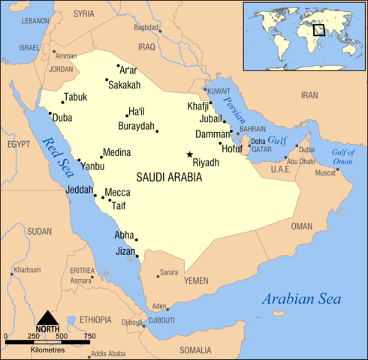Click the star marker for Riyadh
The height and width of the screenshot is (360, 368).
pos(189,154)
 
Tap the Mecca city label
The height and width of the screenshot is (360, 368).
pos(117,193)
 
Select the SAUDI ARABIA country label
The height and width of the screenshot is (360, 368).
pos(170,178)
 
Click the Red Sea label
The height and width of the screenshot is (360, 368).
pos(56,153)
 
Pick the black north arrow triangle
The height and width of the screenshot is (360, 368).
pos(47,318)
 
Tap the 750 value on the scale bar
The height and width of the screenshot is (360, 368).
pos(89,335)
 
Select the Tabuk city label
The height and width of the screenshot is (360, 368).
pos(76,97)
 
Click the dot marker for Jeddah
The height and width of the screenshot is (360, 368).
pos(95,196)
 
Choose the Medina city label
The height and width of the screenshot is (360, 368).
pos(116,152)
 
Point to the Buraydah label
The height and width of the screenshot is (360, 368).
pos(136,126)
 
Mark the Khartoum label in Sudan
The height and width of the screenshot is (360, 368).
pos(27,269)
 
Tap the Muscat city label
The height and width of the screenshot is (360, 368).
pos(325,173)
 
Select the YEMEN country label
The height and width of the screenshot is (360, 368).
pos(196,280)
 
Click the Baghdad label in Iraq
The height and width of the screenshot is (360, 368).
pos(146,28)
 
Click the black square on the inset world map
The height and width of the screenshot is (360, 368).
pos(318,30)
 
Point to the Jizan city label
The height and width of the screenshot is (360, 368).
pos(125,251)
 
